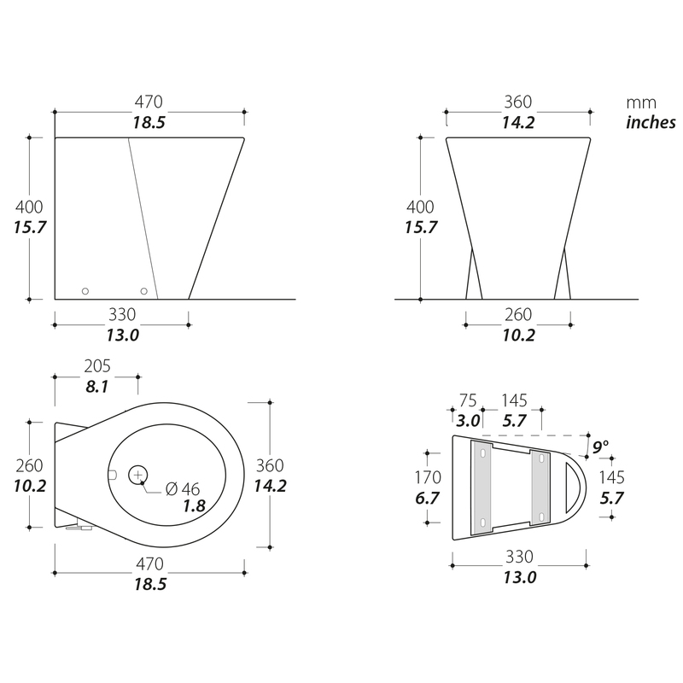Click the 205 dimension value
pos(97,366)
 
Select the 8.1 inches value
pos(96,387)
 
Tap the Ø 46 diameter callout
pos(183,489)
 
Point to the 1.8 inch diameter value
pos(195,505)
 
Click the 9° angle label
pos(600,447)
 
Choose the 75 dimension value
pos(468,400)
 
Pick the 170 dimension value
pos(428,477)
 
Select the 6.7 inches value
pos(428,498)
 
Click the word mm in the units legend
pos(641,103)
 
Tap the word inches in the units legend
pos(651,122)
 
